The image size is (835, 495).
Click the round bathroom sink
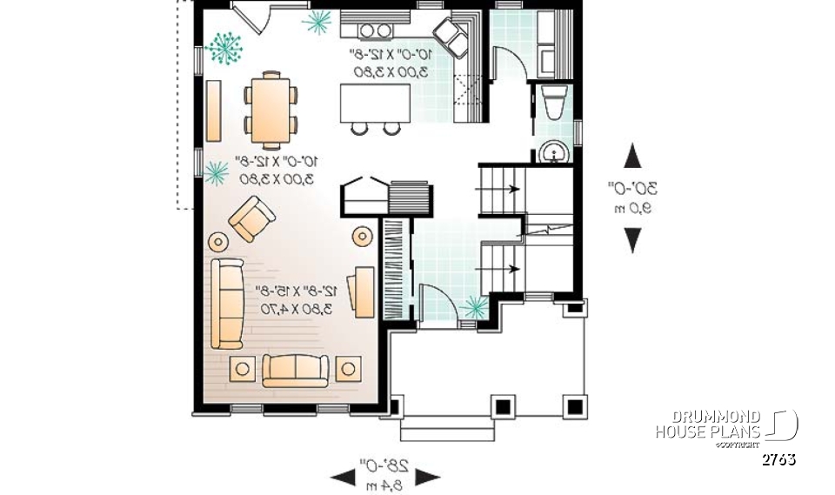pyautogui.click(x=552, y=154)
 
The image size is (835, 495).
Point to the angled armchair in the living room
pyautogui.click(x=252, y=218)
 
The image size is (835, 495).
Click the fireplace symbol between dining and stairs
pyautogui.click(x=364, y=193)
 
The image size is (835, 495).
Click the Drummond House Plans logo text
pyautogui.click(x=709, y=425)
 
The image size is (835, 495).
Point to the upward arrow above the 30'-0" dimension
pyautogui.click(x=633, y=157)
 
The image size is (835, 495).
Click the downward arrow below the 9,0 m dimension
pyautogui.click(x=633, y=239)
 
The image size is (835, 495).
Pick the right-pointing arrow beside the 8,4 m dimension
pyautogui.click(x=427, y=476)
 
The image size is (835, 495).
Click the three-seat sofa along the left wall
pyautogui.click(x=228, y=302)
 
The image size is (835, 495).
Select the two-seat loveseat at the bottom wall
pyautogui.click(x=296, y=370)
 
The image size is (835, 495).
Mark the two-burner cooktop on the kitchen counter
pyautogui.click(x=374, y=31)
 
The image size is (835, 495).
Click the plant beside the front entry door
pyautogui.click(x=475, y=305)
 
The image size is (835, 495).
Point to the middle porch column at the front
pyautogui.click(x=502, y=405)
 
